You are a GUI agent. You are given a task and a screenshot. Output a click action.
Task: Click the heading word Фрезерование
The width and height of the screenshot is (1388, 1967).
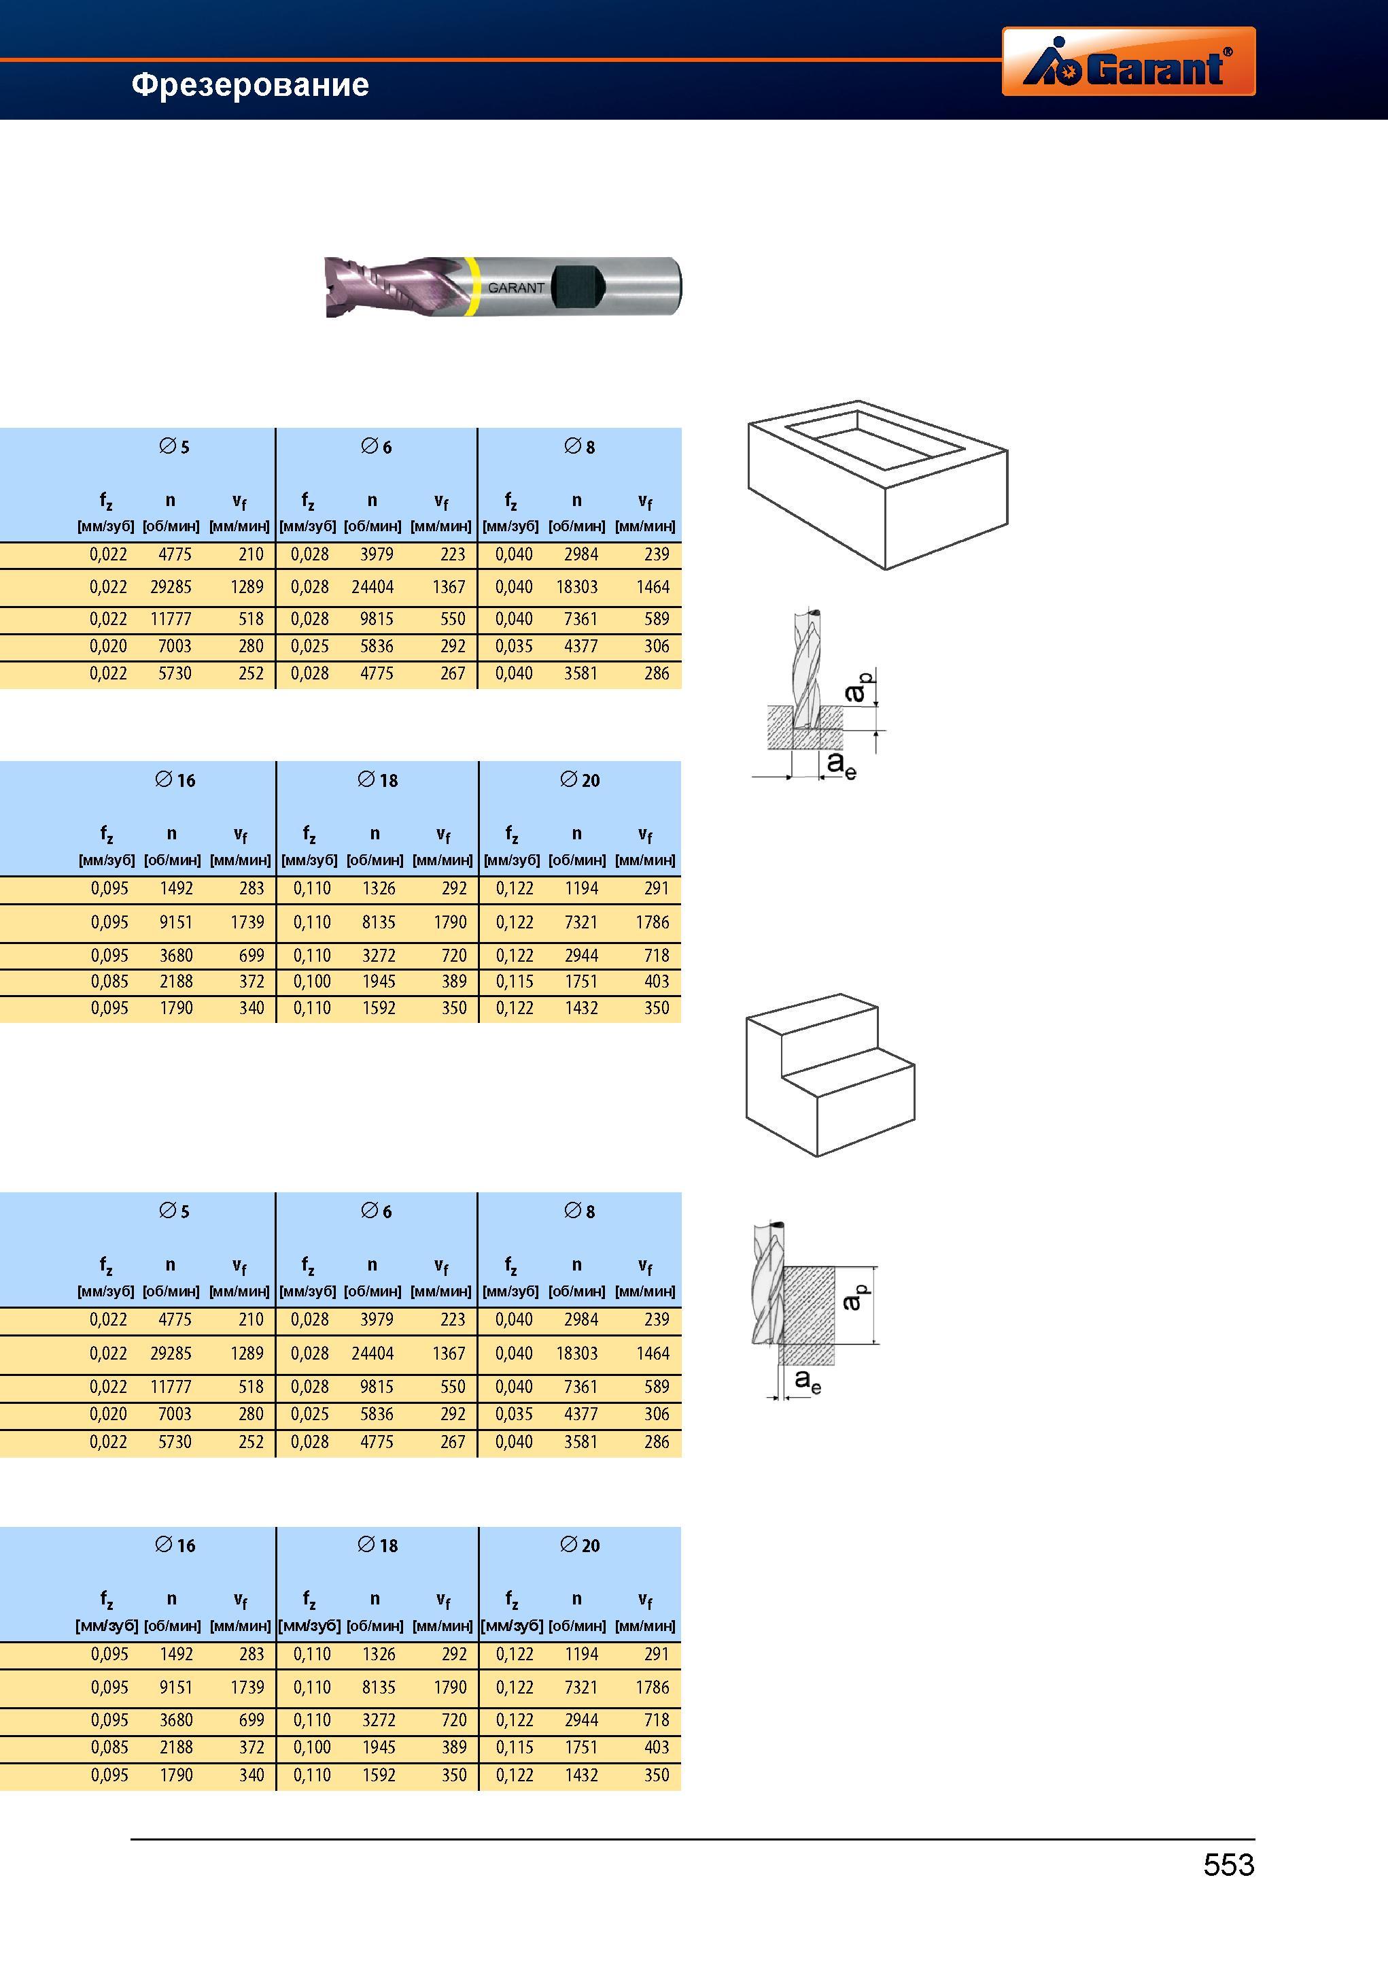click(x=250, y=85)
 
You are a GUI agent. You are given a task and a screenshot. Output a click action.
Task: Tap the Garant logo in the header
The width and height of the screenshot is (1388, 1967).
click(x=1128, y=61)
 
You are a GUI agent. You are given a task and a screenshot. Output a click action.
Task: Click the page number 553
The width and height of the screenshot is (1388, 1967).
click(x=1229, y=1865)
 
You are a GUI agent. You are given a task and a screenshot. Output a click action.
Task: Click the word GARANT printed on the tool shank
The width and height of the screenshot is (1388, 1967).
click(x=517, y=288)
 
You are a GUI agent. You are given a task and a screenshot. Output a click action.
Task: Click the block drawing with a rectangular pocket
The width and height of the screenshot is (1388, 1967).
click(x=878, y=485)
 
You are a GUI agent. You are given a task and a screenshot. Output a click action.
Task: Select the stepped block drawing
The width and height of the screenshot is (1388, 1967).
click(x=831, y=1075)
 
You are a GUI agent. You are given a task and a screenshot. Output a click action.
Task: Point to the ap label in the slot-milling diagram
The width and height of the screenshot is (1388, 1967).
click(x=857, y=686)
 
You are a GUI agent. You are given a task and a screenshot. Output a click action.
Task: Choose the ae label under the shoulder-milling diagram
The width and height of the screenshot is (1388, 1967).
click(x=808, y=1380)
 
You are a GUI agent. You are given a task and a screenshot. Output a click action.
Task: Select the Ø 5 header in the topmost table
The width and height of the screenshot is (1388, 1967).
click(x=174, y=446)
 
